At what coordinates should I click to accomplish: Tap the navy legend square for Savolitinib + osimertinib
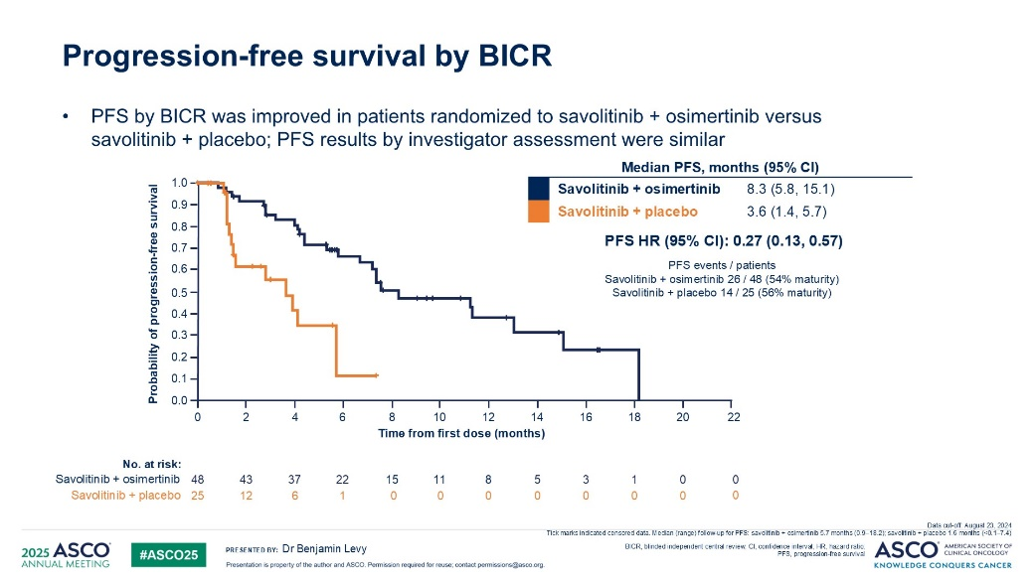(539, 188)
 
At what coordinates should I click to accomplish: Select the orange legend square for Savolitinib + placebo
(539, 212)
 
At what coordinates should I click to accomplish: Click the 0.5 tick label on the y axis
(180, 293)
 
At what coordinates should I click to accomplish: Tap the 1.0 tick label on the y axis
(180, 183)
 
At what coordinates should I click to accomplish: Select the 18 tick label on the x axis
(635, 418)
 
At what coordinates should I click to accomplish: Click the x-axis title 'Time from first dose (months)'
(461, 434)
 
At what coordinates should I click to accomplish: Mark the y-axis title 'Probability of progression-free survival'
(154, 294)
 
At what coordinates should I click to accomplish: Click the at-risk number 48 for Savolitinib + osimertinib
(197, 479)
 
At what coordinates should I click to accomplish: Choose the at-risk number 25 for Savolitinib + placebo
(197, 495)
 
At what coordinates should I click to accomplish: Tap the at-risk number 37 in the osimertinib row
(294, 479)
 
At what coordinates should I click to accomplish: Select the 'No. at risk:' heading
(151, 463)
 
